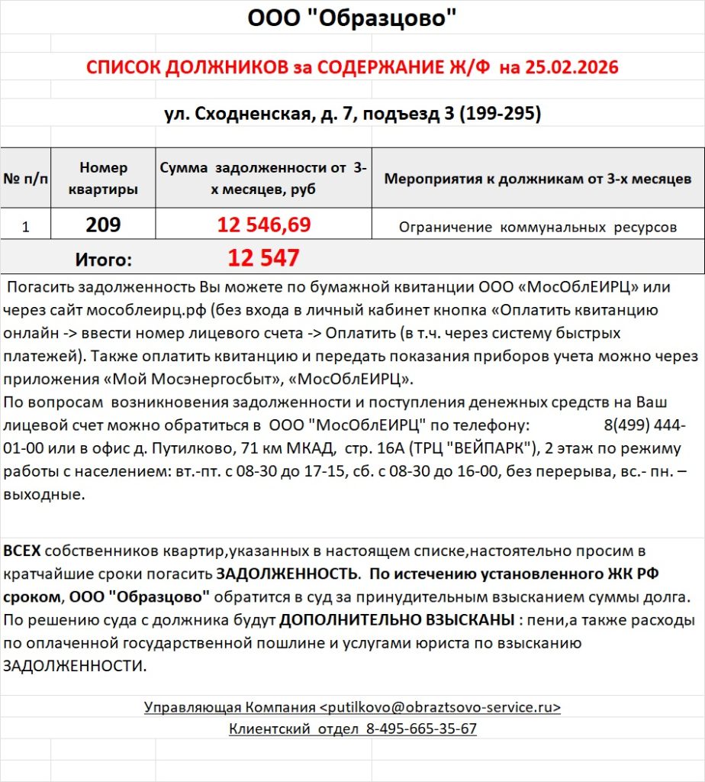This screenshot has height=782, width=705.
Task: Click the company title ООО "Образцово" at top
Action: tap(352, 18)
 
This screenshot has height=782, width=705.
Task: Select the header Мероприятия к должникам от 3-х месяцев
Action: tap(538, 179)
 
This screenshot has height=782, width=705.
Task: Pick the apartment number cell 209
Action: tap(103, 225)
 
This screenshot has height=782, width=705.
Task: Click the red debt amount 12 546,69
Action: tap(263, 225)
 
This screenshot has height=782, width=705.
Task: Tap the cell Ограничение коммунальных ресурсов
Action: tap(538, 227)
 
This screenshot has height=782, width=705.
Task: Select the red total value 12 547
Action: tap(263, 258)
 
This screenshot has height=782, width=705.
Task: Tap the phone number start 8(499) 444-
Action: tap(639, 425)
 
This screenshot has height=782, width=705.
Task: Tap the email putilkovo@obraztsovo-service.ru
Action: tap(440, 707)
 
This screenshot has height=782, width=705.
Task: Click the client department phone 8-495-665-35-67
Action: tap(421, 729)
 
